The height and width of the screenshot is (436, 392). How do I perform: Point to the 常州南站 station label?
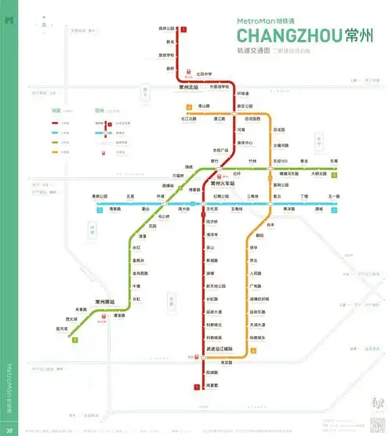pyautogui.click(x=104, y=302)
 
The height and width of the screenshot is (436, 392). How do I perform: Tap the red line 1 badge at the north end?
pyautogui.click(x=184, y=30)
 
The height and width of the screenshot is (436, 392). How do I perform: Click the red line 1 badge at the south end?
pyautogui.click(x=195, y=386)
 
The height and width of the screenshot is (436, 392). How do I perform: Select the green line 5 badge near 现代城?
pyautogui.click(x=74, y=340)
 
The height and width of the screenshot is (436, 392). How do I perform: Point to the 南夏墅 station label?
pyautogui.click(x=212, y=385)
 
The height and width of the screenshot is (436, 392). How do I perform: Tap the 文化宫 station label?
pyautogui.click(x=211, y=209)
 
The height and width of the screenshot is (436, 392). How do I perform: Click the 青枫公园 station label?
pyautogui.click(x=99, y=195)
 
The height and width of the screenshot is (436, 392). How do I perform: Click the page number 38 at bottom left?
pyautogui.click(x=7, y=430)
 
